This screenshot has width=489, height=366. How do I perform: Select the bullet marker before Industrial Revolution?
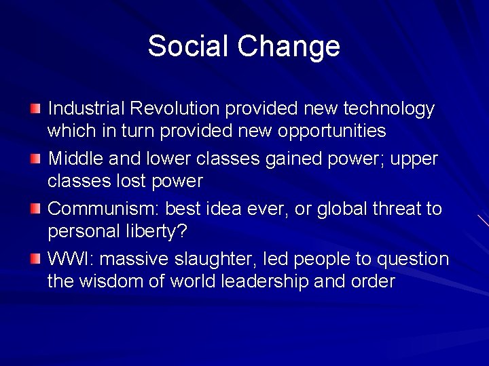35,108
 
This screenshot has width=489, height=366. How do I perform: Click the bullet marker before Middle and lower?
35,159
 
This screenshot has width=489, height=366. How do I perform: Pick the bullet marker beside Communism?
35,209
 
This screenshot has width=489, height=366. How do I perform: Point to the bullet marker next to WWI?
35,259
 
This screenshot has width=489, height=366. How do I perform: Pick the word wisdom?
114,281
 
